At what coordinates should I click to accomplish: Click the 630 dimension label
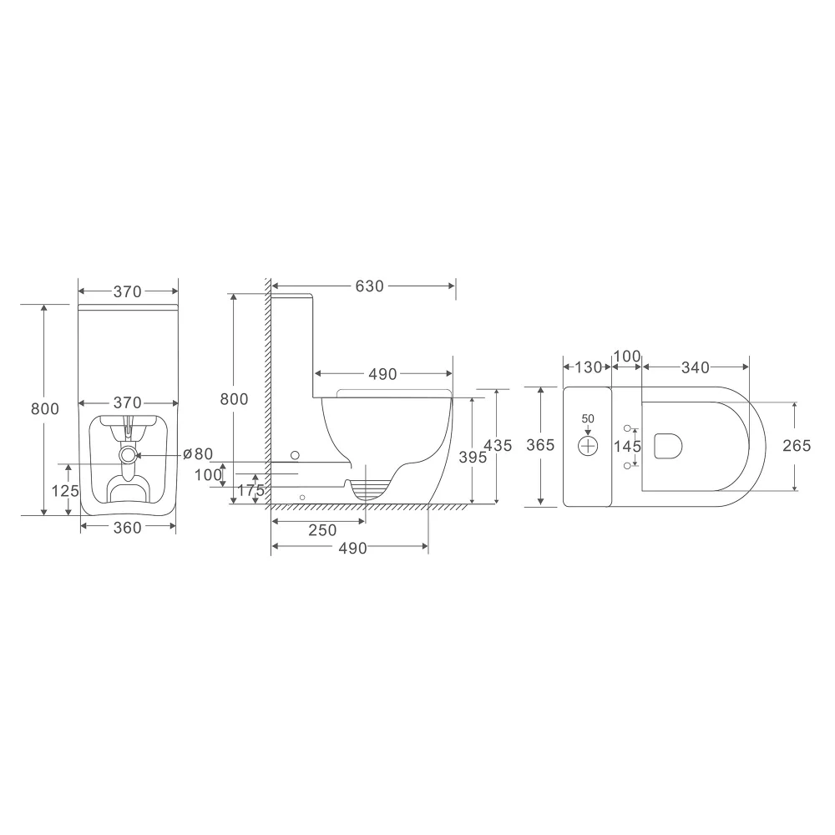[370, 286]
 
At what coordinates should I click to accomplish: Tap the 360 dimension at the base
[128, 528]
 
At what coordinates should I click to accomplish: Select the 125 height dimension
[65, 490]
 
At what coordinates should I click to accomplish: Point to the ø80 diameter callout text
[198, 454]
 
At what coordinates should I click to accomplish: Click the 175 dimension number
[250, 490]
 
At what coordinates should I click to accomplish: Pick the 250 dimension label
[322, 530]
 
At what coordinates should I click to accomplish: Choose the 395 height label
[473, 457]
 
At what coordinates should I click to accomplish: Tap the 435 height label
[498, 445]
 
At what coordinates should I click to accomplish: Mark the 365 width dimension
[540, 445]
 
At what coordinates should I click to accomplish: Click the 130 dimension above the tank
[589, 367]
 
